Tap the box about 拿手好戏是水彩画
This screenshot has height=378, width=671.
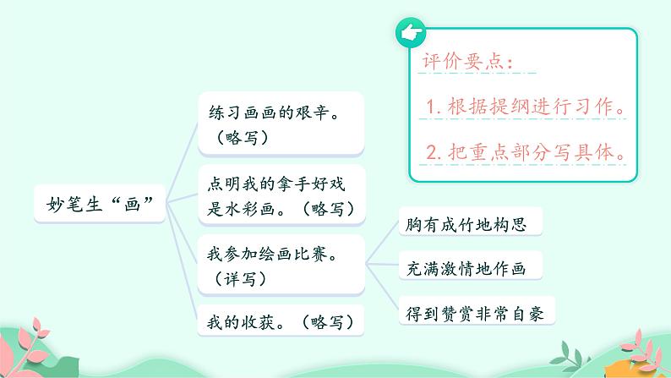(280, 194)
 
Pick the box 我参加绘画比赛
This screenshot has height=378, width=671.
(280, 263)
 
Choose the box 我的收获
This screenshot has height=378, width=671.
(280, 321)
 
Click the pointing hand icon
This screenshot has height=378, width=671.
(410, 34)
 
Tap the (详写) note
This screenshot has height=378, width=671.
(237, 277)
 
